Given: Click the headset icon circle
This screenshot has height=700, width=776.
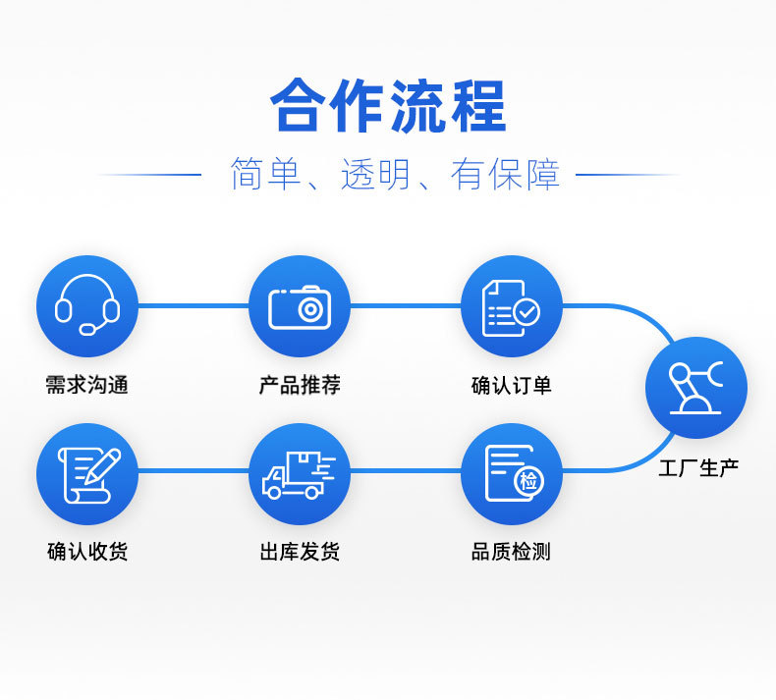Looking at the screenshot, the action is coord(87,306).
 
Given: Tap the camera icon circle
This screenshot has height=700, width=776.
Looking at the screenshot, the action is coord(300,306).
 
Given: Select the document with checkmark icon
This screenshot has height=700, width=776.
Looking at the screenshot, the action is coord(511,308).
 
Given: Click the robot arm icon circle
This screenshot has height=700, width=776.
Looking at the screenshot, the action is coord(696,388).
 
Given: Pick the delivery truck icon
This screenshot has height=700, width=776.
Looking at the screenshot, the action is coord(299,474).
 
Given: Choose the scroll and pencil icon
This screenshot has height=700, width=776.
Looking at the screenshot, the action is coord(89,475).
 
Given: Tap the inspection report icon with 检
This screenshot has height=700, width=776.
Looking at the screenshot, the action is coord(514,473).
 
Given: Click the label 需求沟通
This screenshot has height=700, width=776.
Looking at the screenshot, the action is coord(87,385).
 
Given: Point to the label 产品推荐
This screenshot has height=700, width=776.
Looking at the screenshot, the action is coord(300,385).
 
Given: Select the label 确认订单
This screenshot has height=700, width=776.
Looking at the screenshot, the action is coord(512,385).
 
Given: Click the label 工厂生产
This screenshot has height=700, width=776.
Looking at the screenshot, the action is coord(698,468).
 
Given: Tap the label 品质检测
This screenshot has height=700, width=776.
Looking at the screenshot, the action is coord(511,551).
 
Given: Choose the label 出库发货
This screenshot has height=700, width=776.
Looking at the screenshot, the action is coord(300,551).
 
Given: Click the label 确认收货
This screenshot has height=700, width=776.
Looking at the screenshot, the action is coord(87,551).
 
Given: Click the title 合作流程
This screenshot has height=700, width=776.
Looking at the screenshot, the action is coord(388,105).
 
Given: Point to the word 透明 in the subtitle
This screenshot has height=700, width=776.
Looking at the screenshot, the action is coord(375,174).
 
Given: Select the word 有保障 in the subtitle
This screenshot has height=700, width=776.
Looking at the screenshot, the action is coord(505,174).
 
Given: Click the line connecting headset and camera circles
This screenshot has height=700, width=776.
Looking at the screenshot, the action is coord(194,306).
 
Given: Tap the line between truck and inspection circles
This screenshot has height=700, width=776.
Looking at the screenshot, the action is coord(406,470).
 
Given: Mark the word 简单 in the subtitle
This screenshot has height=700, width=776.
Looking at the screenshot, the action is coord(266,174).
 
